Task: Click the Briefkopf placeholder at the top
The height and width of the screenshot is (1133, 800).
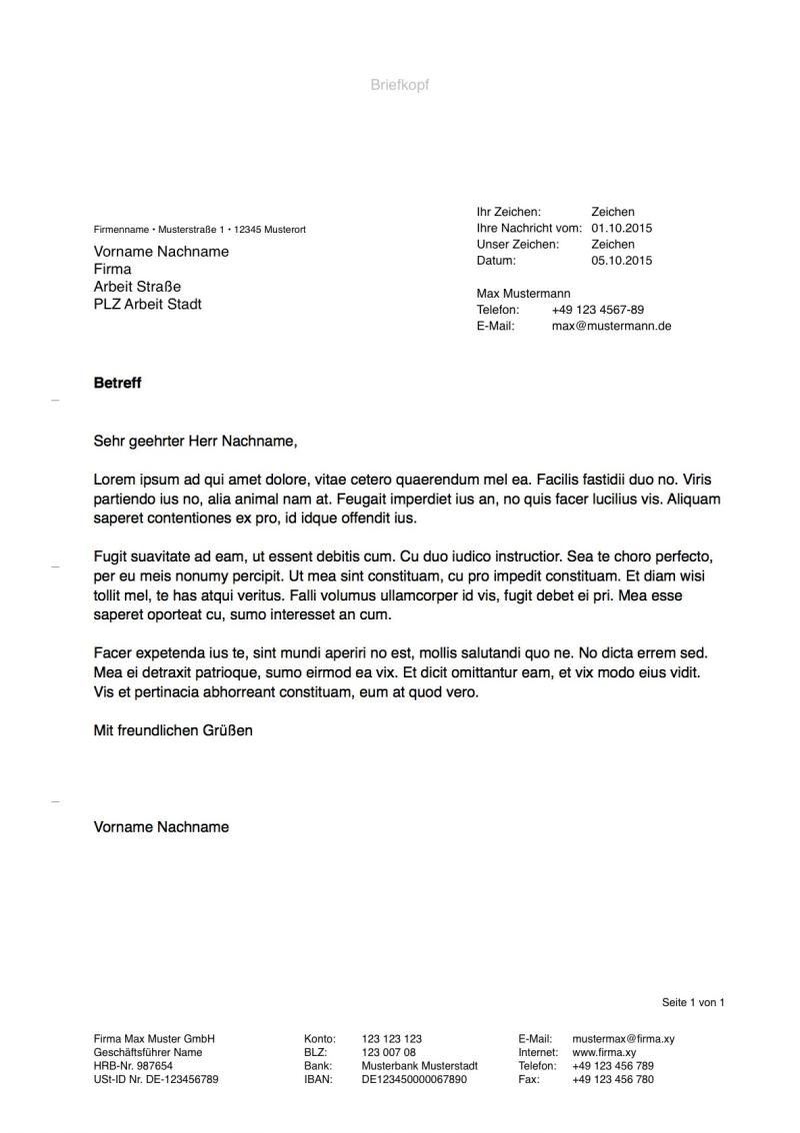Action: point(399,85)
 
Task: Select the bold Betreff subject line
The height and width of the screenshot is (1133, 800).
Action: point(117,383)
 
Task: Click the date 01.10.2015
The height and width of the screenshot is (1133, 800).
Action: point(621,228)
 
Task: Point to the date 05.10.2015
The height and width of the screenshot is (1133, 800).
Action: point(621,260)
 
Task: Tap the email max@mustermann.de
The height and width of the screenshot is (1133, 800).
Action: point(611,326)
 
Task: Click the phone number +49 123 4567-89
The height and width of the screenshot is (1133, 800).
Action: point(597,310)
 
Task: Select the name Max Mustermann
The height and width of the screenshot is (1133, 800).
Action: point(523,294)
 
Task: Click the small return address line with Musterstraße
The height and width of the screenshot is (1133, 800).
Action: point(200,230)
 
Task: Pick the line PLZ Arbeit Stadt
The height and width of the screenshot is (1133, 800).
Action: point(147,304)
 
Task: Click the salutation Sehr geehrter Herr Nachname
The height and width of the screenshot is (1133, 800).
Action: point(196,440)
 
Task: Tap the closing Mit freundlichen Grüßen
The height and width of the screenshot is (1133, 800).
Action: point(173,730)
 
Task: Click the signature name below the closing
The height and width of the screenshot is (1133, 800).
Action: point(161,826)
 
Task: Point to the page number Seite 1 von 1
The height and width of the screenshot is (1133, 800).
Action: point(692,1002)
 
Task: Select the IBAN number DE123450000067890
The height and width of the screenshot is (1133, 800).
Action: point(414,1080)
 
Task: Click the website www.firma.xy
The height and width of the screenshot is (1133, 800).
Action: point(604,1052)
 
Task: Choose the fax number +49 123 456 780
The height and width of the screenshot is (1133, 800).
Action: point(613,1080)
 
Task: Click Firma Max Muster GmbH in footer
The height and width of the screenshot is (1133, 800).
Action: point(154,1038)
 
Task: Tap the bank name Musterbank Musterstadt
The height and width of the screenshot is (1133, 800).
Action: point(419,1066)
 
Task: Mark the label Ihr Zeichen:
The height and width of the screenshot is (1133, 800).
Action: point(509,212)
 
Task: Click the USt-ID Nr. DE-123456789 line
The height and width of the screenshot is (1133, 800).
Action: point(156,1080)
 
